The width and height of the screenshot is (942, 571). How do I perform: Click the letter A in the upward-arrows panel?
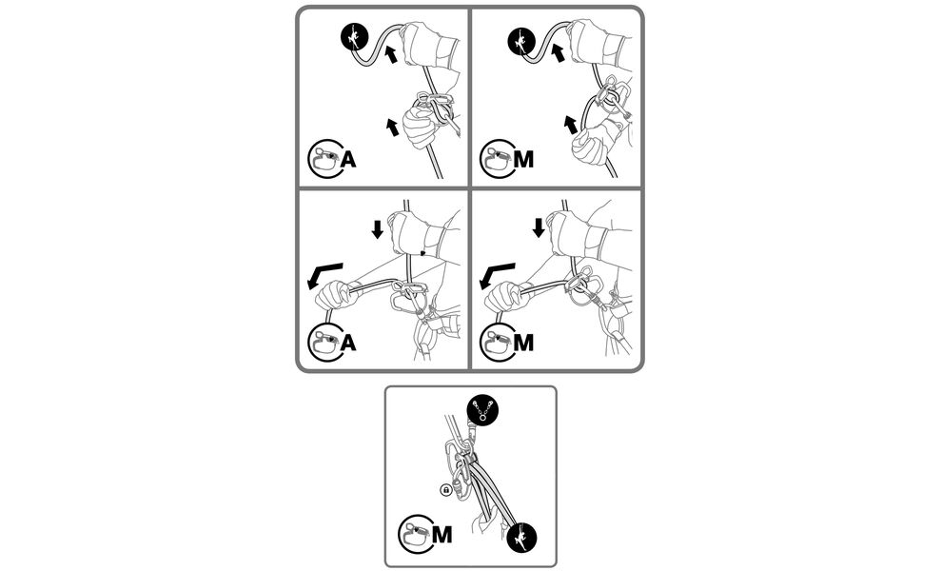tap(348, 159)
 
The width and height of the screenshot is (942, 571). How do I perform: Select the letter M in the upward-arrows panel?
tap(524, 159)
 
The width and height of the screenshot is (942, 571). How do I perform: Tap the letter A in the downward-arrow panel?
tap(348, 343)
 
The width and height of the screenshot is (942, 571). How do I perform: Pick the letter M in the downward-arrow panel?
tap(524, 343)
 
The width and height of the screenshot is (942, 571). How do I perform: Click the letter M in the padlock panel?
tap(442, 534)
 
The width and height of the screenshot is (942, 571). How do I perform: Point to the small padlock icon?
tap(445, 490)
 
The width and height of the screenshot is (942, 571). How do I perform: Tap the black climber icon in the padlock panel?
tap(521, 537)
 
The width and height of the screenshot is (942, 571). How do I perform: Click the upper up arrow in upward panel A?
tap(390, 53)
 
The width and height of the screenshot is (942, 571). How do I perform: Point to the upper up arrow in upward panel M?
tap(558, 52)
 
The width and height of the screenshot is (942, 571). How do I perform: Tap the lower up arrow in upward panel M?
tap(570, 125)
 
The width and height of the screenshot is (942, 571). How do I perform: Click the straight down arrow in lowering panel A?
tap(378, 229)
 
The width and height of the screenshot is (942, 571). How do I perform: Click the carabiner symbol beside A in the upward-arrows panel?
tap(324, 159)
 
